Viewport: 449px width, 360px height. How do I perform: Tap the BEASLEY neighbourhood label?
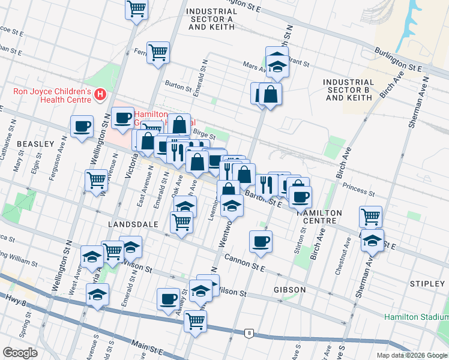[35, 145]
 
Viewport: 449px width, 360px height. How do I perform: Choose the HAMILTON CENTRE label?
[318, 217]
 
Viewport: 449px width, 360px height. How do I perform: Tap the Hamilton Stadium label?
[416, 316]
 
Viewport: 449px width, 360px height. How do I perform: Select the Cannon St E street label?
[245, 262]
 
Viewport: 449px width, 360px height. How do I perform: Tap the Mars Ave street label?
[253, 66]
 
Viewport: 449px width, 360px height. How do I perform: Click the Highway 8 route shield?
[249, 332]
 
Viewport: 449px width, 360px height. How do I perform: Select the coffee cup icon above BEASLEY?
[82, 127]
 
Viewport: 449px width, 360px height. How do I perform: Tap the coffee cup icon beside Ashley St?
[168, 299]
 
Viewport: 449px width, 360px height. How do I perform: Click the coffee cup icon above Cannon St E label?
[261, 241]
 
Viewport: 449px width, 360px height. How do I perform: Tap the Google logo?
[20, 353]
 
